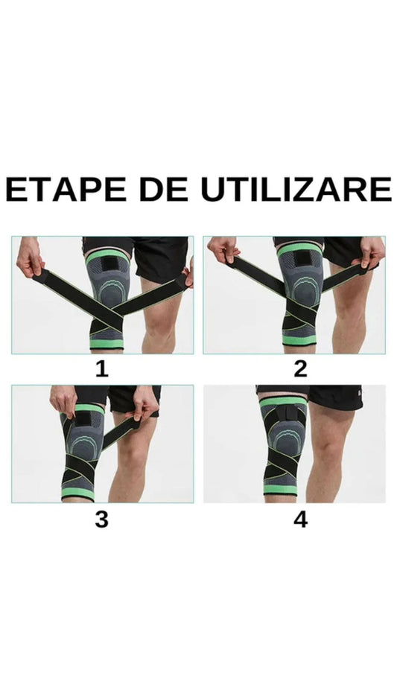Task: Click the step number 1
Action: (101, 368)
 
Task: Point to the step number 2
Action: (300, 368)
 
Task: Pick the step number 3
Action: (101, 519)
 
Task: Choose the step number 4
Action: (300, 519)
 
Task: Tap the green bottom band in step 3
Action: (78, 493)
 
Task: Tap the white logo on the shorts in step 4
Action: (358, 391)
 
